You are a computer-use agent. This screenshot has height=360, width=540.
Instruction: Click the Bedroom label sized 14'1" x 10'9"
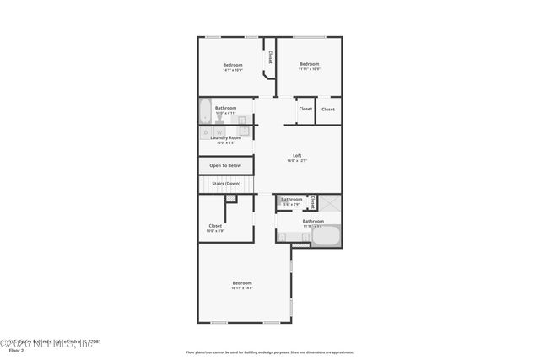[233, 65]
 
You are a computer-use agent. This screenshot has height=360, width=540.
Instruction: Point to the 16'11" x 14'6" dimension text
[242, 288]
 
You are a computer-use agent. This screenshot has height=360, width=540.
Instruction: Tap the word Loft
[297, 155]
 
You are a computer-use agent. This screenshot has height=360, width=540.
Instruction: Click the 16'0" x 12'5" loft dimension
[297, 160]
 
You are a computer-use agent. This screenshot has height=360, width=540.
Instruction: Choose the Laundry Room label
[225, 137]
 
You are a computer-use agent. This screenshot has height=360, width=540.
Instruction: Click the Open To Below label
[225, 165]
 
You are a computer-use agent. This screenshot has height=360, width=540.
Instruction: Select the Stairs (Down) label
[225, 183]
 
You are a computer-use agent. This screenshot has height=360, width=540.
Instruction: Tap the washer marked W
[219, 132]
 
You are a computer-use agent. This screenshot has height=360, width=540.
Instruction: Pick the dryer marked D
[206, 132]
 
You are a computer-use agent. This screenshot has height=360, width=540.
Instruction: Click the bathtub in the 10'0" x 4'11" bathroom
[205, 111]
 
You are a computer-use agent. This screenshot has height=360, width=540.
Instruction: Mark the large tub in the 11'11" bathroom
[327, 235]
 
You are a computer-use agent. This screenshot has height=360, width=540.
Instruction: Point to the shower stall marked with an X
[330, 203]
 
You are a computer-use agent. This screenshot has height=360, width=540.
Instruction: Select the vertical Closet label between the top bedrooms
[270, 56]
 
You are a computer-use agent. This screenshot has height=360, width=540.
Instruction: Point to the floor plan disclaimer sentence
[269, 352]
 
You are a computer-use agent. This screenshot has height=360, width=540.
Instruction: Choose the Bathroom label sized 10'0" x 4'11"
[225, 107]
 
